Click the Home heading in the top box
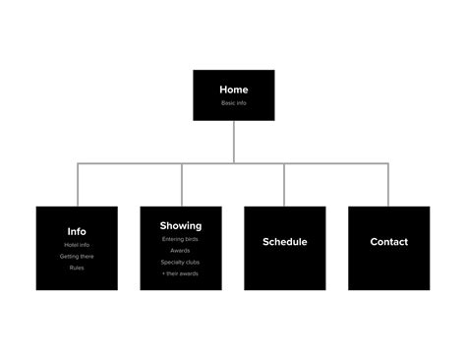233,90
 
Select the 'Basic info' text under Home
233,102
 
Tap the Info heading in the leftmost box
77,232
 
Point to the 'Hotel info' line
77,245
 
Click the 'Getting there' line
77,256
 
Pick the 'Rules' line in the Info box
77,268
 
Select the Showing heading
181,226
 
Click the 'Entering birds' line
181,239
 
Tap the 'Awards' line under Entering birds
181,250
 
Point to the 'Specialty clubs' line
181,262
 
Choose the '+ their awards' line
181,273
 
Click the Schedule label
285,242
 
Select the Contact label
388,242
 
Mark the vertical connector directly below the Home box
233,143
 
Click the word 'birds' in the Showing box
192,239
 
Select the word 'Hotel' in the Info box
71,245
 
